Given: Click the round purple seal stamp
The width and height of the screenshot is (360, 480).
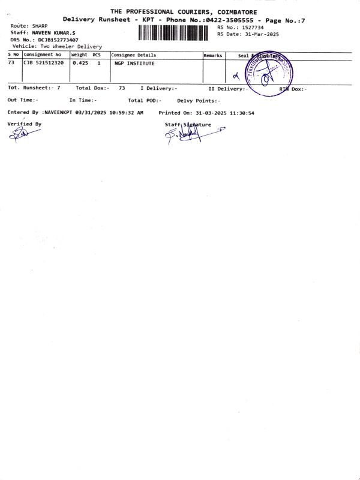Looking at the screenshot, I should coord(269,74).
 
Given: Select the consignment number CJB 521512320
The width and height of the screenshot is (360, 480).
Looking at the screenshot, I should coord(46,62).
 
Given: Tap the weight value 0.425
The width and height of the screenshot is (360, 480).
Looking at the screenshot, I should coord(80,62).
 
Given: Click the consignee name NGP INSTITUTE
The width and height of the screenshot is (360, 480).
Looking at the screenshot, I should coord(134,62).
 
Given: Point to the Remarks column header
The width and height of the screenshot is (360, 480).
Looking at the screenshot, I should coord(213,55).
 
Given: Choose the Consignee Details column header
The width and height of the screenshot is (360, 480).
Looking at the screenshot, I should coord(133,55).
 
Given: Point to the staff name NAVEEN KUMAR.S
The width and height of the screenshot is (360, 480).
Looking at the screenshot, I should coord(53,32).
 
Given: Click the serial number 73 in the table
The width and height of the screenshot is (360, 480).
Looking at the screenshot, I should coord(11,62).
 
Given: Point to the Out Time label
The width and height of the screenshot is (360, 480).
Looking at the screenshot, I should coord(22,100).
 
